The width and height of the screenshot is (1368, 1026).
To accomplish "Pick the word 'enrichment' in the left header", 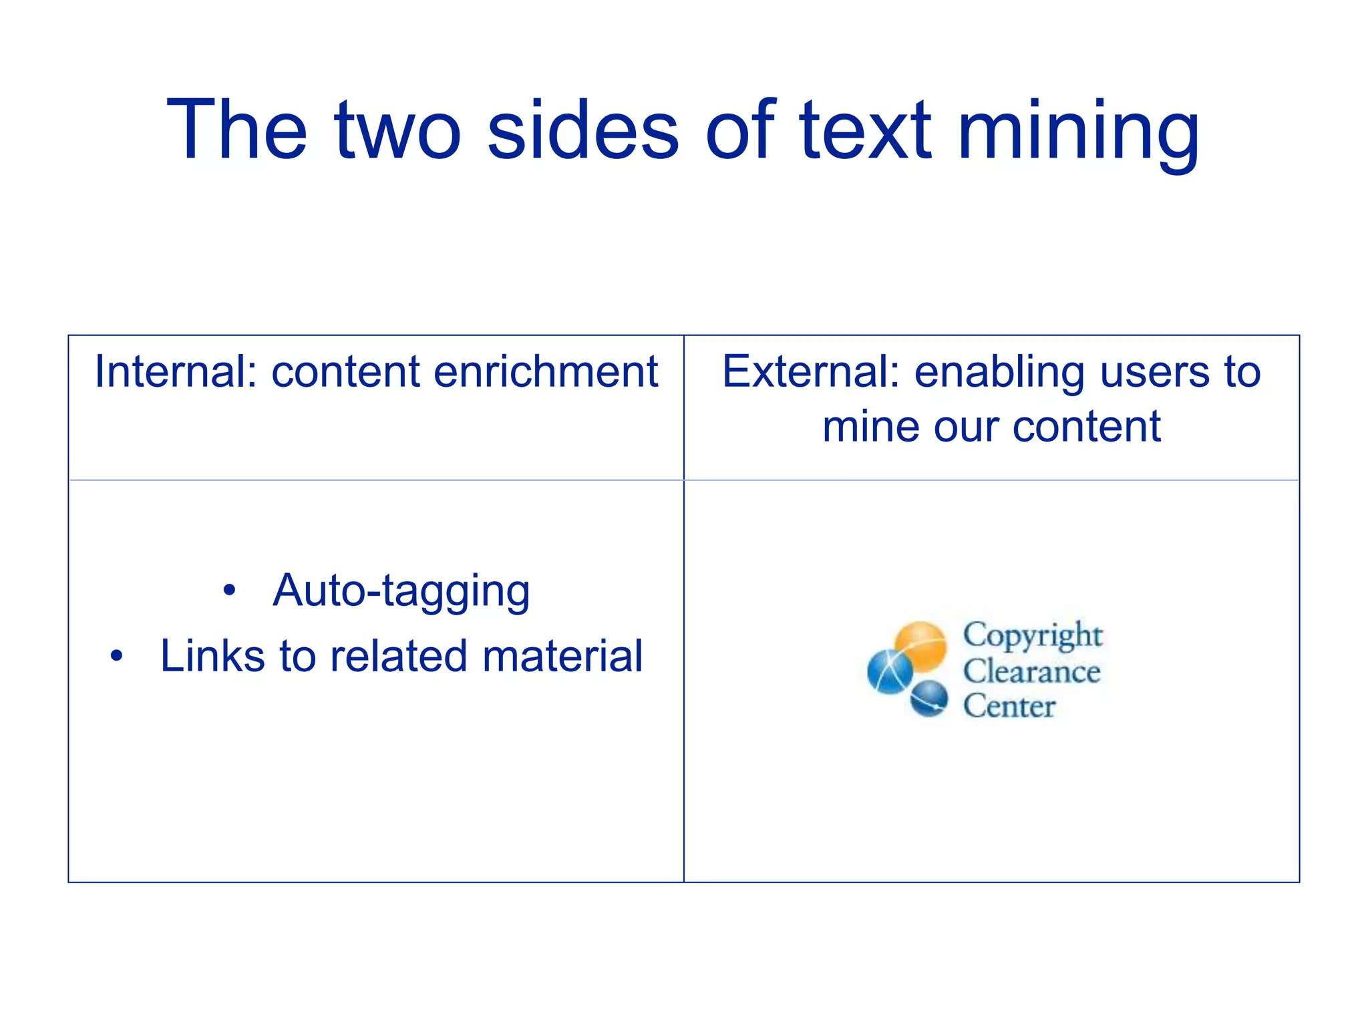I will (546, 371).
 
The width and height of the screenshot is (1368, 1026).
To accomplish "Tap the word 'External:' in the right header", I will (811, 371).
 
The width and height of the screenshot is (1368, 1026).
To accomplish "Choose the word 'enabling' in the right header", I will (999, 373).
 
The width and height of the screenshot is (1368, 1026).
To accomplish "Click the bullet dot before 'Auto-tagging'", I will (230, 590).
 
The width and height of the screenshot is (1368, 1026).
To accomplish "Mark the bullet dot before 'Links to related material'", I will (117, 656).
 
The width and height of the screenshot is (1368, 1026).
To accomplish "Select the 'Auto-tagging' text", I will (401, 590).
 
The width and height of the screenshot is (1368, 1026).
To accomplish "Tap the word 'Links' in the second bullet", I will (212, 656).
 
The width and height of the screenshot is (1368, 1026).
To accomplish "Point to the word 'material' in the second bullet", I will (562, 656).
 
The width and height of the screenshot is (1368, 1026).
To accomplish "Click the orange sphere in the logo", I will (921, 644).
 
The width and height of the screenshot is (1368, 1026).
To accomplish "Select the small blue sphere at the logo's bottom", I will (929, 698).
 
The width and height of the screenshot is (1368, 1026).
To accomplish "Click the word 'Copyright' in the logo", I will (1032, 635).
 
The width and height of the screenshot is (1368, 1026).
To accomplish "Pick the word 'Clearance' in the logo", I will (1031, 671).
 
